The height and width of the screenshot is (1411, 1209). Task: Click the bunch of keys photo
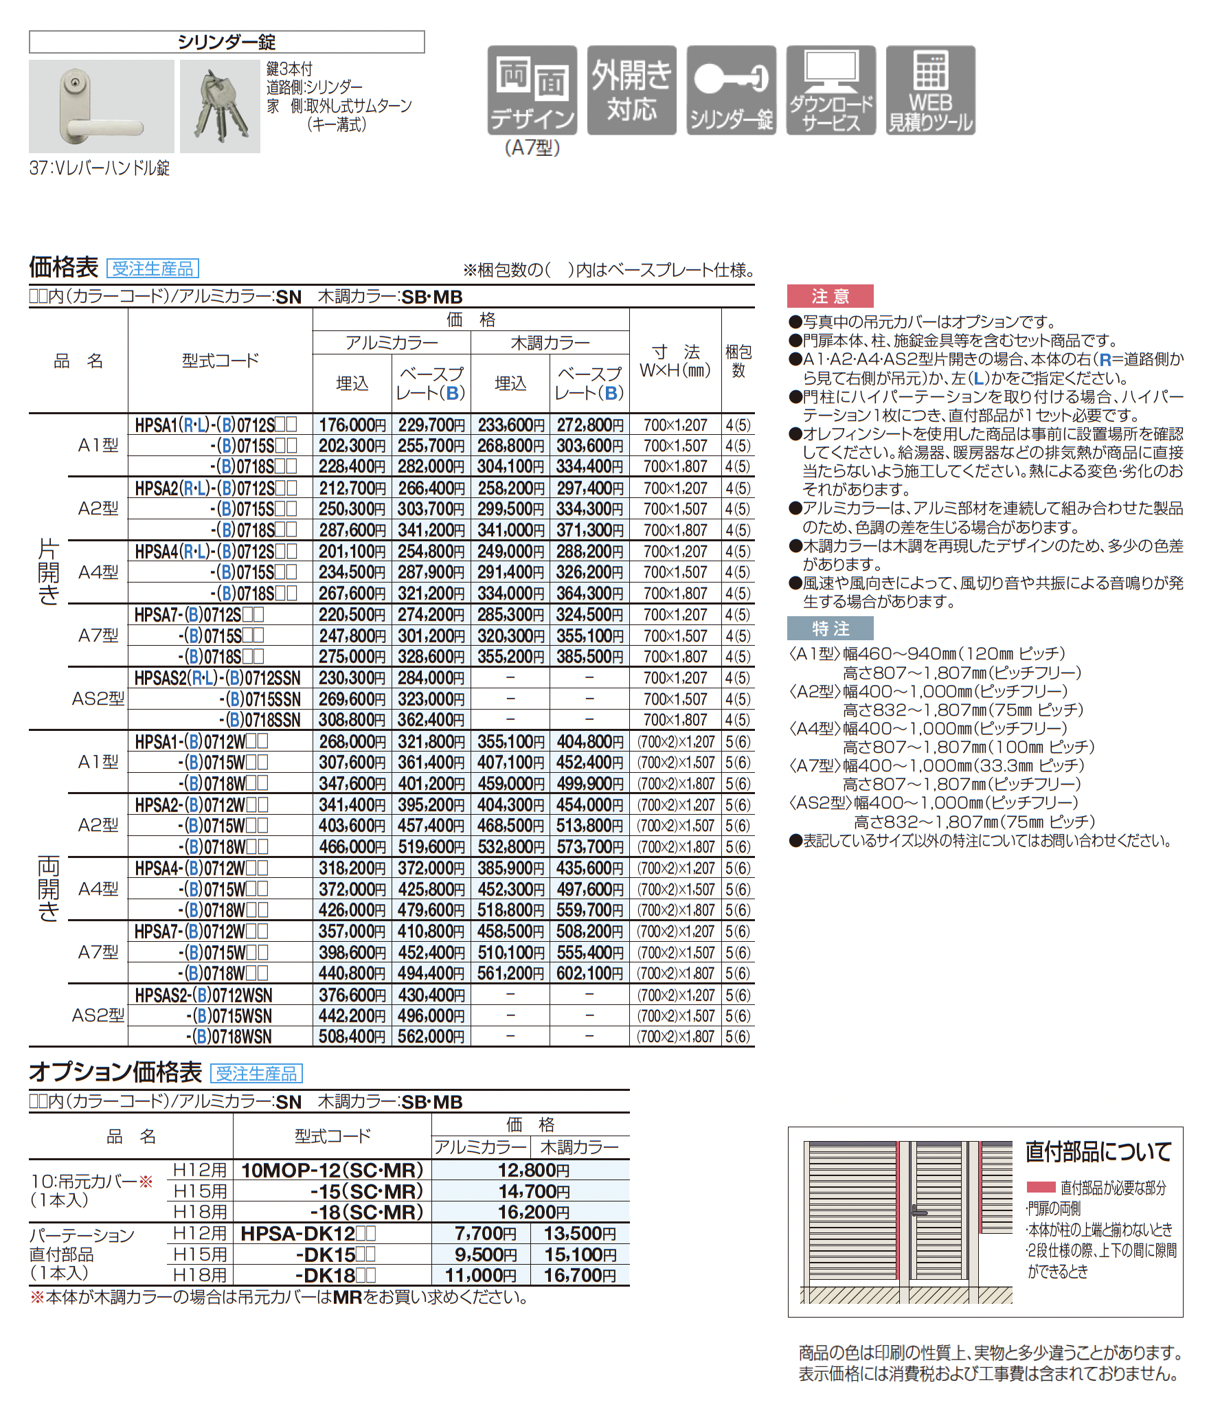coord(220,106)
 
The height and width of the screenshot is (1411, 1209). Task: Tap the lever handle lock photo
coord(101,106)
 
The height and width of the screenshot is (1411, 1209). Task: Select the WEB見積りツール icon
coord(930,90)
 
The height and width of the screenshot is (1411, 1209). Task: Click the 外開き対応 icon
coord(631,90)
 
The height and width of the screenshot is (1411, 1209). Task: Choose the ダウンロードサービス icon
coord(831,90)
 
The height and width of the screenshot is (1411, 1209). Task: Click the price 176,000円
coord(352,425)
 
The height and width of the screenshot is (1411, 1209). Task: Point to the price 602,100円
coord(589,973)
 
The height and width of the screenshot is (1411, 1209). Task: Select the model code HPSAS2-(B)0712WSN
coord(203,995)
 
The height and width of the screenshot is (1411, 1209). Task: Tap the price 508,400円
coord(352,1037)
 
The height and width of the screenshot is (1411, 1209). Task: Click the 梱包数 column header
coord(738,361)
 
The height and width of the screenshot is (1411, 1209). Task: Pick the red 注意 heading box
coord(830,296)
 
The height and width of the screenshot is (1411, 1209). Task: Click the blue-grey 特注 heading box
coord(830,629)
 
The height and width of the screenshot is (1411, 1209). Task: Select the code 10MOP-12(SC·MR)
coord(332,1170)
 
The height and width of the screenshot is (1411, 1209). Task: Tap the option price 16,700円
coord(580,1276)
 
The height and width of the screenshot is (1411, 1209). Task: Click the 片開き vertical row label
coord(48,572)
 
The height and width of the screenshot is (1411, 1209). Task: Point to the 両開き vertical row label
coord(48,888)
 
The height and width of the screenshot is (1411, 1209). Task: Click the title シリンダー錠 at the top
coord(227,43)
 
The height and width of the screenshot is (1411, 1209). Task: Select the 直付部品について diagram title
coord(1098,1151)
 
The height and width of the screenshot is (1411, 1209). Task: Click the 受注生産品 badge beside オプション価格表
coord(256,1073)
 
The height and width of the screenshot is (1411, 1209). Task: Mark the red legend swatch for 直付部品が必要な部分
coord(1040,1187)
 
